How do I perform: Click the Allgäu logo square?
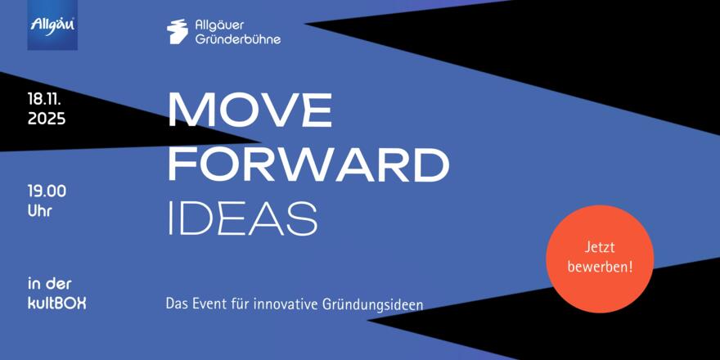coord(52,25)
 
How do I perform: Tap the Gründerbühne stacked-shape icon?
coord(178,31)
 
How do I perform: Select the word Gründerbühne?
coord(238,39)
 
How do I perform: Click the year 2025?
coord(47,119)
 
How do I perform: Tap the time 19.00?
coord(47,191)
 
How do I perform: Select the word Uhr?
coord(39,211)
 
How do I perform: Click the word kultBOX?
coord(56,304)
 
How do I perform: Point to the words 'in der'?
coord(50,283)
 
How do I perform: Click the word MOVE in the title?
coord(250,110)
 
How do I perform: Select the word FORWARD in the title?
coord(308,164)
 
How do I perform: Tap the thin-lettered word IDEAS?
coord(243,218)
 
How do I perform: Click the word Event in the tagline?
coord(202,304)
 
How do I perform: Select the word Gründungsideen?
coord(371,305)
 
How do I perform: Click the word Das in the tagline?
coord(175,304)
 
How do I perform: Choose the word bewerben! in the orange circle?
coord(600,268)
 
